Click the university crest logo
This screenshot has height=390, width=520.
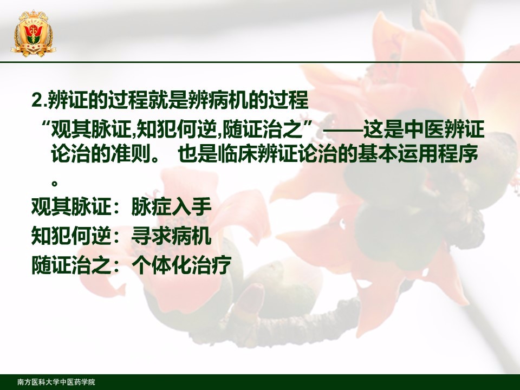pyautogui.click(x=33, y=34)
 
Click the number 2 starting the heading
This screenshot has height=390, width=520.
pyautogui.click(x=36, y=100)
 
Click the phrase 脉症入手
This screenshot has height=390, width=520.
pyautogui.click(x=171, y=207)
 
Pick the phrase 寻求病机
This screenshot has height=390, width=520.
pyautogui.click(x=171, y=236)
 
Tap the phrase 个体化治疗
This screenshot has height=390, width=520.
pyautogui.click(x=181, y=265)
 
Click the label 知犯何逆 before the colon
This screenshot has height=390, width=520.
pyautogui.click(x=71, y=236)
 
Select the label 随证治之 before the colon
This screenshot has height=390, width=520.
pyautogui.click(x=71, y=265)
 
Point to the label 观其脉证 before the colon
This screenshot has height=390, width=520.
pyautogui.click(x=71, y=207)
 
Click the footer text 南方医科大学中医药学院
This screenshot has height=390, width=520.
pyautogui.click(x=56, y=382)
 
